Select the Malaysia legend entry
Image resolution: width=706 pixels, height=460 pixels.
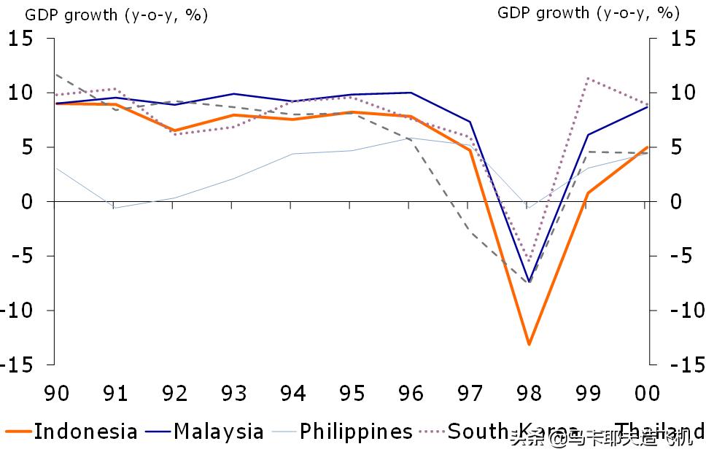[x=218, y=432]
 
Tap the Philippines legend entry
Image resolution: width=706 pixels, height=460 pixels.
[x=356, y=432]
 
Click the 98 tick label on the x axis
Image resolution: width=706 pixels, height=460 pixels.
[x=529, y=394]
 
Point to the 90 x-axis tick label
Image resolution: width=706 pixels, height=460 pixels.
[x=56, y=394]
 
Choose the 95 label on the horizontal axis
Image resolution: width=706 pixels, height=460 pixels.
[x=352, y=394]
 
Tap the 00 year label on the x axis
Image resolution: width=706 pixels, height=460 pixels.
[x=646, y=394]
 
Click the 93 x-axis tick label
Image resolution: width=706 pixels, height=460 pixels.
[x=233, y=394]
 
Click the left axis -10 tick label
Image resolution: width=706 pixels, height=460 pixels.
[x=18, y=311]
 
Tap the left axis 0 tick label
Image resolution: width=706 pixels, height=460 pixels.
[x=27, y=202]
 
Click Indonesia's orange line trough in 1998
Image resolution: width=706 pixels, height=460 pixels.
[x=529, y=344]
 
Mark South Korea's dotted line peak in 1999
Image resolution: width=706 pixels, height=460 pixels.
[x=588, y=78]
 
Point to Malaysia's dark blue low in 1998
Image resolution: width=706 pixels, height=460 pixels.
[x=529, y=282]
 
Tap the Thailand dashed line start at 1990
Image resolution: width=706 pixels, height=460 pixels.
[x=56, y=74]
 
